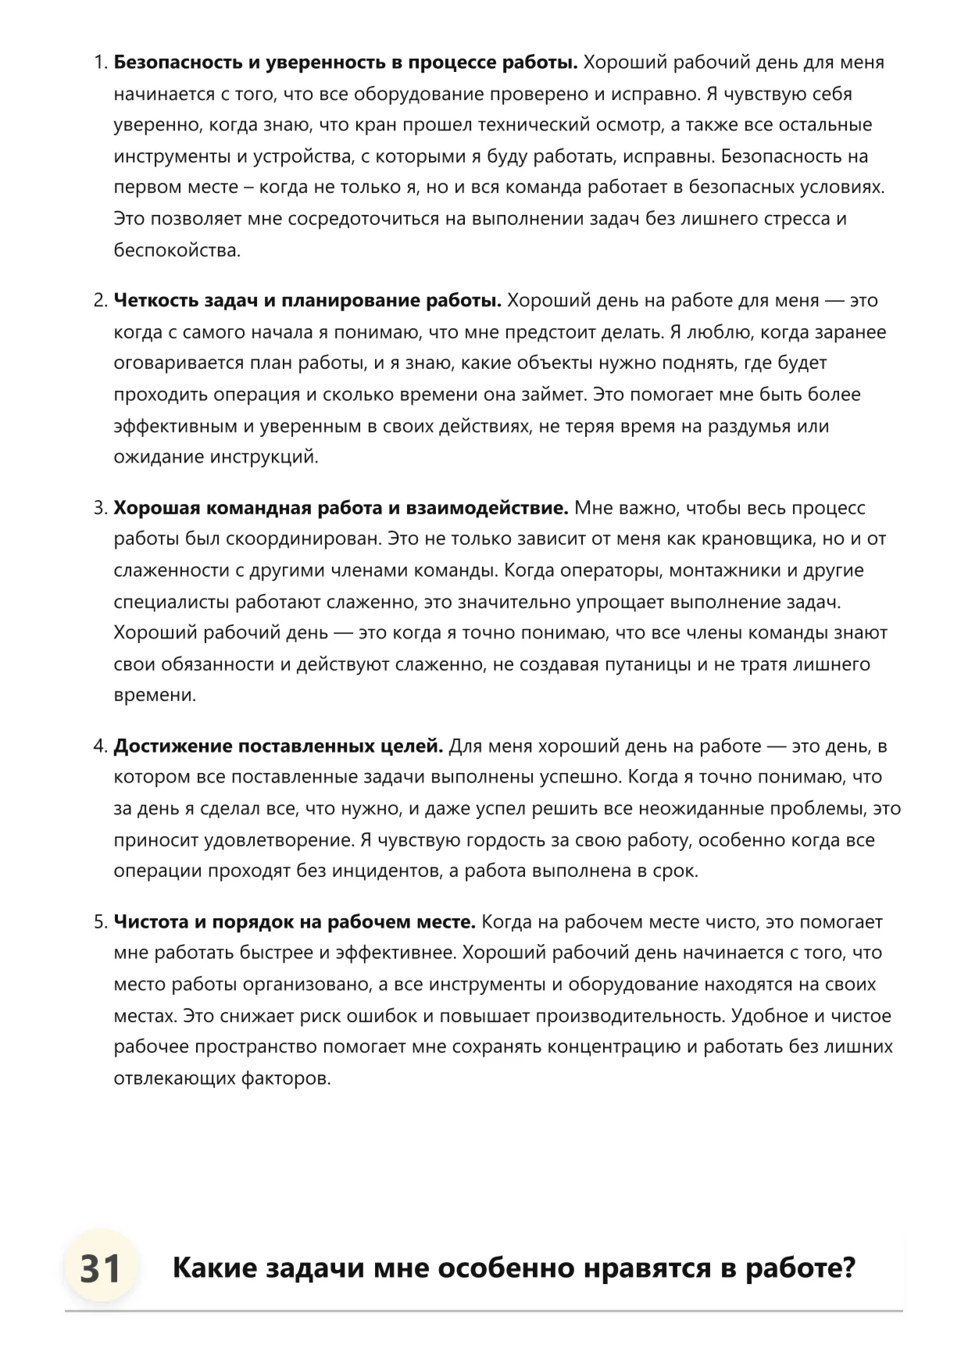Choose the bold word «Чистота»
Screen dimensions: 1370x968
(x=151, y=922)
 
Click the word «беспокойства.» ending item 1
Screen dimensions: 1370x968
(x=177, y=250)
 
